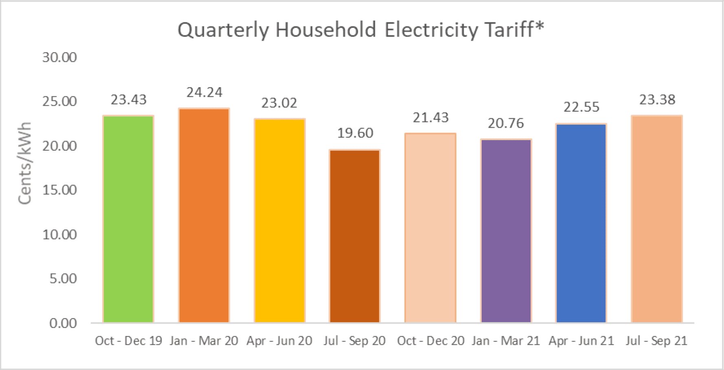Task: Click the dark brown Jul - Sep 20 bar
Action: [x=355, y=236]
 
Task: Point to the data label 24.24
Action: [x=204, y=93]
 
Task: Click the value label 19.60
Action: [x=355, y=133]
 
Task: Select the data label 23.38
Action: [x=657, y=100]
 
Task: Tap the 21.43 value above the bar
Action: [x=430, y=118]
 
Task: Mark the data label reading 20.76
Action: [x=506, y=123]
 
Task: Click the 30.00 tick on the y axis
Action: [x=59, y=57]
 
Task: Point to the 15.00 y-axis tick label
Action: [x=59, y=190]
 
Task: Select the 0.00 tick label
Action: [x=63, y=323]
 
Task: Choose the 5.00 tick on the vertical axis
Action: [x=63, y=279]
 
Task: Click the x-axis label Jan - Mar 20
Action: [x=204, y=341]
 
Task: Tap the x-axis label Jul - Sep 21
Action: [x=656, y=341]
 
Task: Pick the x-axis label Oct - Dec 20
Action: [x=430, y=341]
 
